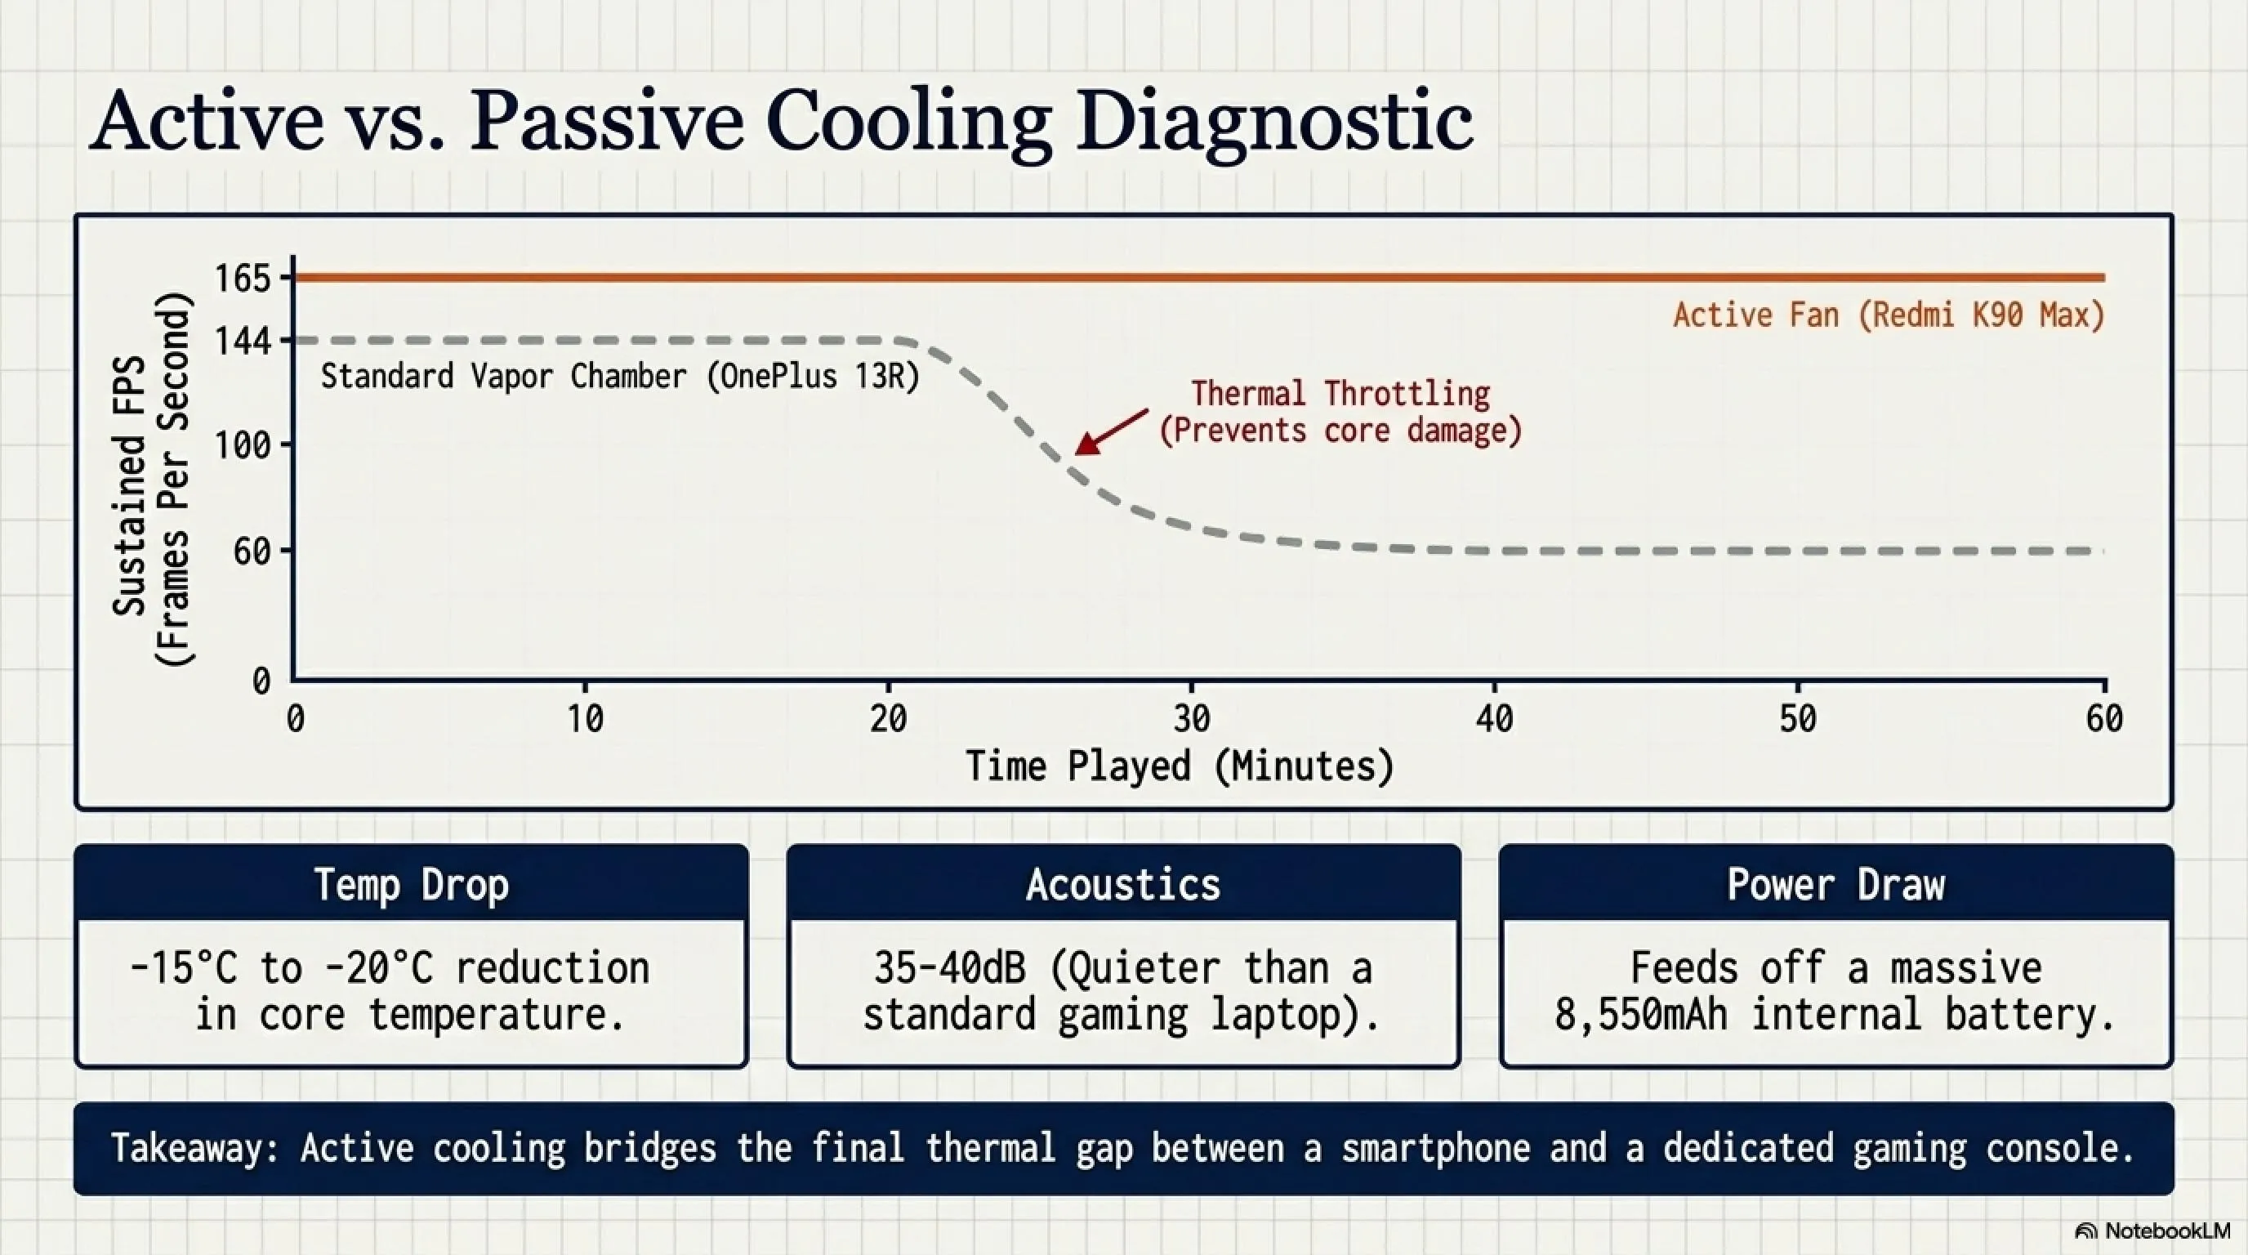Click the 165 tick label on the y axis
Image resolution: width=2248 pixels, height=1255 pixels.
coord(243,279)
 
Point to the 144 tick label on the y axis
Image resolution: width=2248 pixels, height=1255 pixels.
coord(243,342)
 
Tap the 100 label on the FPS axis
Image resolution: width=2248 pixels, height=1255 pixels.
coord(243,446)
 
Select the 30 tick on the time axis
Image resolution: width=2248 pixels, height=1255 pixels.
coord(1191,719)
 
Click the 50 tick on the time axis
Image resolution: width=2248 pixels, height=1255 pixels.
coord(1798,719)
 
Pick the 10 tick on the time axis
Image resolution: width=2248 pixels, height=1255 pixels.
coord(585,719)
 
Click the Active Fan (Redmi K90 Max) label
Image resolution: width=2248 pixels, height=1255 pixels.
coord(1889,315)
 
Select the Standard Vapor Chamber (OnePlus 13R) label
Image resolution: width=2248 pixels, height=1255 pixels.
coord(620,377)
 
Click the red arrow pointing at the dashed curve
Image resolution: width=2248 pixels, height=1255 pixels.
coord(1111,432)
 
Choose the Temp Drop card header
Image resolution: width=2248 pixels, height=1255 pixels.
coord(411,885)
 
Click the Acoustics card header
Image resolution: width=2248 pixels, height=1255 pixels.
coord(1123,885)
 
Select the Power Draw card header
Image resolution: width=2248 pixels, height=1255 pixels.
coord(1836,885)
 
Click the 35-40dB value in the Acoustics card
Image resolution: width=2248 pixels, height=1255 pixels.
coord(949,968)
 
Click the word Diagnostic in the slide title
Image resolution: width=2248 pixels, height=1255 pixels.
coord(1274,123)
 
